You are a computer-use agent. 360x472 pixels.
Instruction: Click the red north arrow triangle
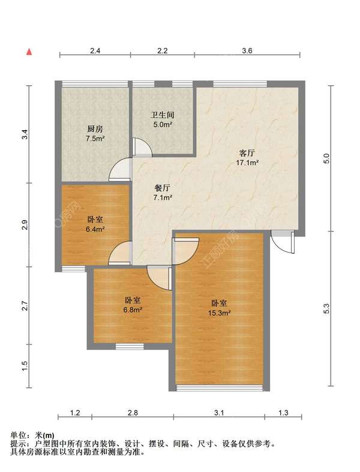29,52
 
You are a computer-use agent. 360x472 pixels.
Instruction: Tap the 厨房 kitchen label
95,129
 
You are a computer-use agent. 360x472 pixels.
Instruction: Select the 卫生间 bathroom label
163,115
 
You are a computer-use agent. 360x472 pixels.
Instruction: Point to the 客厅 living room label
247,153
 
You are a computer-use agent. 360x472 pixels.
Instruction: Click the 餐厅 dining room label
163,188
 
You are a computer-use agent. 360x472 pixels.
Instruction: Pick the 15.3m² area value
219,312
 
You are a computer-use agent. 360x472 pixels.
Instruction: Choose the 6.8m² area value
133,309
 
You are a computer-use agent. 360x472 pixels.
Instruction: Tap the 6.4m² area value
95,229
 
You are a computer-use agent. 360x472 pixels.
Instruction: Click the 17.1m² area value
247,163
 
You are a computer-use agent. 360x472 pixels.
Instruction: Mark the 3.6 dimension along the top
247,50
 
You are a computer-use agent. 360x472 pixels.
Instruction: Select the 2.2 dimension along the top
163,50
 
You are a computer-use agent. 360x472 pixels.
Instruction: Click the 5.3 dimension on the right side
326,309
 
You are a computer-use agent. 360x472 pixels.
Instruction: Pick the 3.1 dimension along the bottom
219,413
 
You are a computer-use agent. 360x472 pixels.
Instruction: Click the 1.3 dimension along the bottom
283,413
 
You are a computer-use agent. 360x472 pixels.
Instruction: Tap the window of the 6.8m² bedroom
130,347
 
